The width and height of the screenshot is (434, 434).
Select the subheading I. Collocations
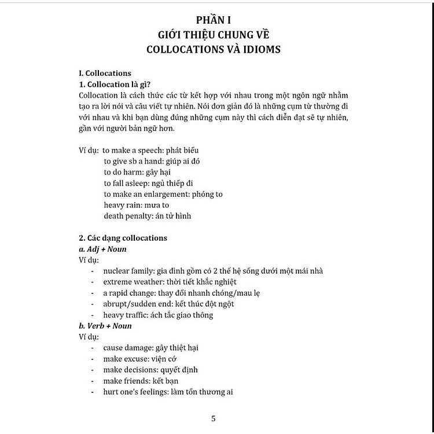(x=105, y=73)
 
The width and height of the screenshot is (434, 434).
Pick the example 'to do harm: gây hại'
(x=139, y=172)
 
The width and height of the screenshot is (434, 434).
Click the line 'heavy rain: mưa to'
(x=137, y=205)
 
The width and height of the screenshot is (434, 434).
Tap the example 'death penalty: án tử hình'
(x=148, y=216)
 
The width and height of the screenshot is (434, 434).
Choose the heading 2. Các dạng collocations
(x=123, y=238)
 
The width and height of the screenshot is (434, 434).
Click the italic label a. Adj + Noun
(x=102, y=249)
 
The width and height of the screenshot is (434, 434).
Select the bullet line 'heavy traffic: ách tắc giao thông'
(x=158, y=315)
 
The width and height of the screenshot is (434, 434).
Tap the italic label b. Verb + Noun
(x=105, y=326)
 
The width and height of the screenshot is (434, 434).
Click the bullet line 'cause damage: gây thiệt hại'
(x=150, y=348)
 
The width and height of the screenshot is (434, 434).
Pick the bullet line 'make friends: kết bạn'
(x=141, y=381)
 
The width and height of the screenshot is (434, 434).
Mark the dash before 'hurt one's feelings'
(x=93, y=392)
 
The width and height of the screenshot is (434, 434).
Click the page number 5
(x=214, y=418)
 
